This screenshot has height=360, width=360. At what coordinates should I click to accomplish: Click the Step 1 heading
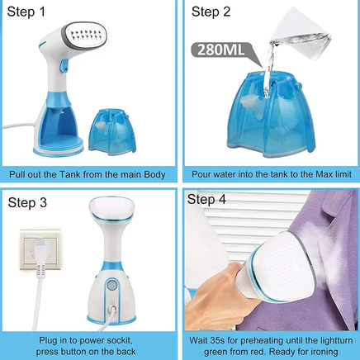[26, 12]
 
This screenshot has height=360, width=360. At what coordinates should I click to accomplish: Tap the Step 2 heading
[211, 12]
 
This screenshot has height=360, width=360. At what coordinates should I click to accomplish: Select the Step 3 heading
[27, 203]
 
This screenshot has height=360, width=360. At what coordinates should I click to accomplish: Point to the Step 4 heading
[206, 199]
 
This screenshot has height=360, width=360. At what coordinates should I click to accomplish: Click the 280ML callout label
[221, 50]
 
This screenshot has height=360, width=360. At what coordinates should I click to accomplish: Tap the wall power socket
[40, 249]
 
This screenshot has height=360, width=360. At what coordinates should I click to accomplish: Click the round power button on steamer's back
[111, 285]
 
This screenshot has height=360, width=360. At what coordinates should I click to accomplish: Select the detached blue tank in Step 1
[112, 130]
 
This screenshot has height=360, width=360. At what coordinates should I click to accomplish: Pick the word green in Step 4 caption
[216, 352]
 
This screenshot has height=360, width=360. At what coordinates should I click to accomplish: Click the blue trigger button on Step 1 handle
[64, 65]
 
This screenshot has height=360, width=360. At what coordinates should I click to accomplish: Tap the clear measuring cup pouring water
[300, 31]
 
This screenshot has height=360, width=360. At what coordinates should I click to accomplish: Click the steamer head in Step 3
[112, 211]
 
